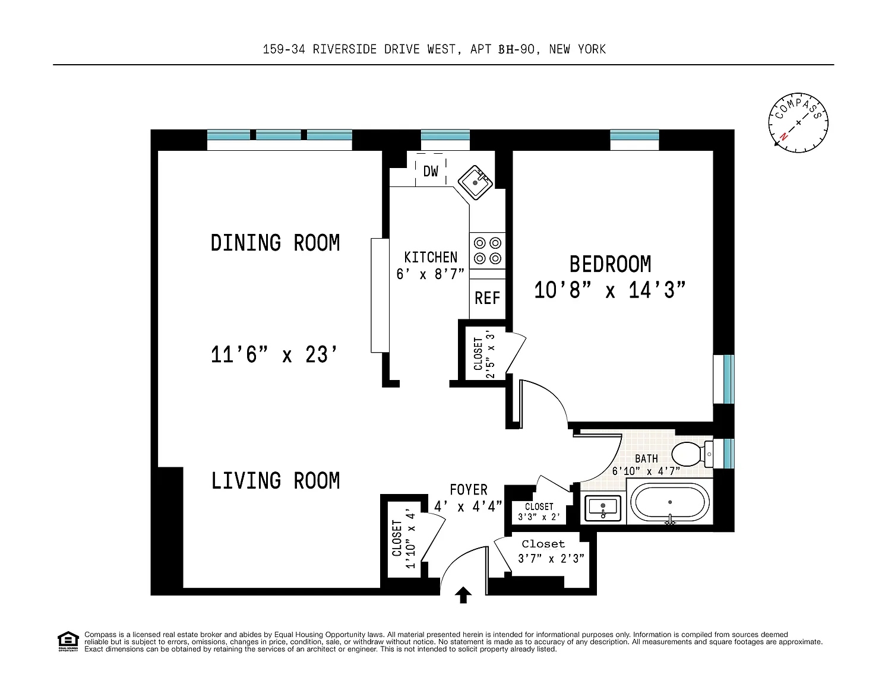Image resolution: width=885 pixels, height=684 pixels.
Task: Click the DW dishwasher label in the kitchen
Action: pos(431,172)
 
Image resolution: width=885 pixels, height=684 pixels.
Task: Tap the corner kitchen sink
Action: pos(475,182)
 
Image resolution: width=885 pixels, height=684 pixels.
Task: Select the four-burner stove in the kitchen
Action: pos(488,251)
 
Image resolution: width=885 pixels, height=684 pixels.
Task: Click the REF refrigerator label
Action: pos(487,298)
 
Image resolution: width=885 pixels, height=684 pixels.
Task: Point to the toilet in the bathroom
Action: pos(692,454)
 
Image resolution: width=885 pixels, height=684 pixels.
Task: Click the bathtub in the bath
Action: pos(669,502)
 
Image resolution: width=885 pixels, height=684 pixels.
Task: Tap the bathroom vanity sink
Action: pos(603,508)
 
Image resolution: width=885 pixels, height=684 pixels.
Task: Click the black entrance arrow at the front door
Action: pos(463,595)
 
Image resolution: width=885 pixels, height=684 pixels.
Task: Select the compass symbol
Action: pos(798,123)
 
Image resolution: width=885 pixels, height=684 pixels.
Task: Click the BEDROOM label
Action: pos(610,264)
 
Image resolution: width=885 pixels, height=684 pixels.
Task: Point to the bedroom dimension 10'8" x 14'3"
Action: pos(609,290)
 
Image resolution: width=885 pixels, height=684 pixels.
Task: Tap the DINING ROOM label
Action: pos(275,243)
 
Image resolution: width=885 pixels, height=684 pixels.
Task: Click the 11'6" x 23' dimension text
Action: pos(274,354)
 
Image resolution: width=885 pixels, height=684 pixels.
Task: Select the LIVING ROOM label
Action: pos(276,480)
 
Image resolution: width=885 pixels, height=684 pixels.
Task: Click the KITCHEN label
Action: pos(431,257)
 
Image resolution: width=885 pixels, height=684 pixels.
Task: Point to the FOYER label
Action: pos(469,489)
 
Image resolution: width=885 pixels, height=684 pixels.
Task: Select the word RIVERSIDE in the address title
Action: pos(344,49)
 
